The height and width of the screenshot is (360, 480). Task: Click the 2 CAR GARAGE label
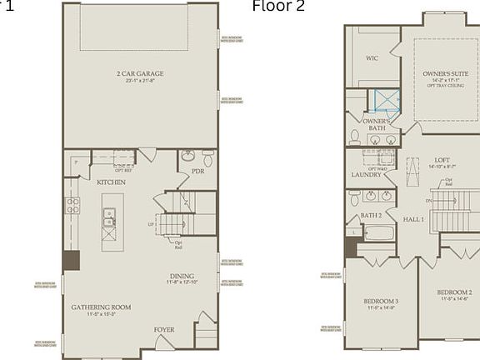pos(140,73)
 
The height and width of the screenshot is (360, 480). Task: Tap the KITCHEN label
pos(111,181)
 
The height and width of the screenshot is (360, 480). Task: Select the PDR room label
pos(198,172)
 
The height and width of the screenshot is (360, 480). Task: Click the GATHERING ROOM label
pos(100,307)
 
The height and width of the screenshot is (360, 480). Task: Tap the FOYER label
pos(164,330)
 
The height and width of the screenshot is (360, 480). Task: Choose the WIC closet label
pos(372,58)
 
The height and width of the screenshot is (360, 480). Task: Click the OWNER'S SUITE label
pos(442,74)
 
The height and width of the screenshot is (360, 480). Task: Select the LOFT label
pos(442,160)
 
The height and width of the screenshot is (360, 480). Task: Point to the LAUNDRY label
pos(366,175)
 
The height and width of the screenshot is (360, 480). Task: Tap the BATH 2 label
pos(371,215)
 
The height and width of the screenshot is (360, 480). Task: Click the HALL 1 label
pos(414,219)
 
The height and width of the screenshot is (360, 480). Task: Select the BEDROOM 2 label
pos(454,292)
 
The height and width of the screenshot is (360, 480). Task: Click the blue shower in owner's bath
pos(386,100)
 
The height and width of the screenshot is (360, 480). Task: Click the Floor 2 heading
pos(278,7)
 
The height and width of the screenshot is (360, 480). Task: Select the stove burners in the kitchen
pos(72,206)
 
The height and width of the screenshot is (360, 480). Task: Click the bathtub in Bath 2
pos(378,232)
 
